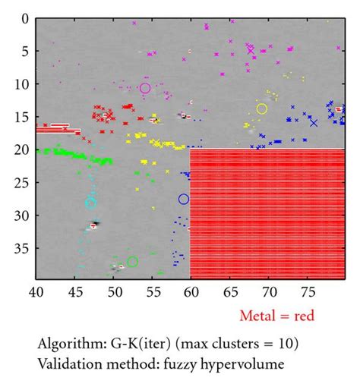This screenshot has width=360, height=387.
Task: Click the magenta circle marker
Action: [145, 88]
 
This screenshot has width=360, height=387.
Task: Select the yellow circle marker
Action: [262, 109]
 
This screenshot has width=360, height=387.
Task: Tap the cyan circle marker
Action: [91, 203]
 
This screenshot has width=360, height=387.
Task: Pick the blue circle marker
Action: [184, 199]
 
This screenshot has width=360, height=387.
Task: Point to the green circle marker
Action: [132, 262]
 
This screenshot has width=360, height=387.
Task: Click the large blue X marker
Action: [314, 122]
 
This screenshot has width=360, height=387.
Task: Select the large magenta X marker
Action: [251, 50]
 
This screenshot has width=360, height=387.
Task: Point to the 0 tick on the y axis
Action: [24, 18]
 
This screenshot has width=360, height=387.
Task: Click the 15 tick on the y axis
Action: [21, 117]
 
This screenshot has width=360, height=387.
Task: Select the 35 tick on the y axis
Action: [21, 247]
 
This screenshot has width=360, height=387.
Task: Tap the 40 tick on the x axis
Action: [36, 291]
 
